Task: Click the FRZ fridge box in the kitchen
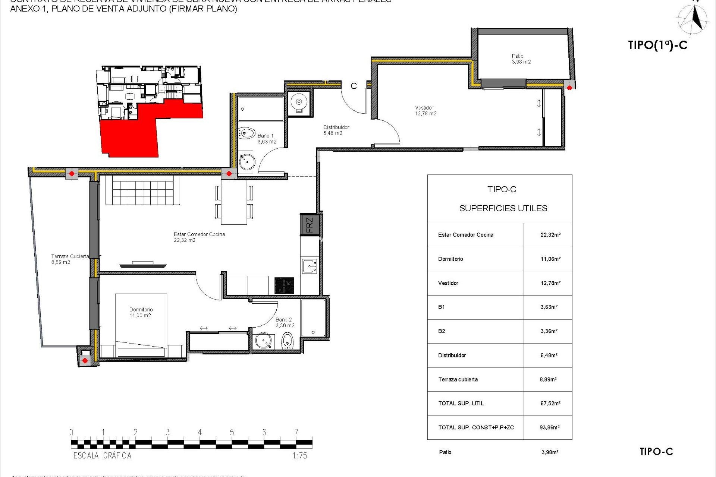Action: tap(310, 225)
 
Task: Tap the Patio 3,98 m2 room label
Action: tap(521, 59)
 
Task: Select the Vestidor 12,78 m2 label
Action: tap(425, 111)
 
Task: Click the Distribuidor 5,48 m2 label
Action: tap(336, 130)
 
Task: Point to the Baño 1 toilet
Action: tap(246, 133)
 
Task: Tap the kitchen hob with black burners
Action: tap(284, 286)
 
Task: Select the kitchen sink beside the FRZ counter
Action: tap(310, 266)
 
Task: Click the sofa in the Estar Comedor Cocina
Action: tap(142, 190)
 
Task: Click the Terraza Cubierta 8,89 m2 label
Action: tap(70, 259)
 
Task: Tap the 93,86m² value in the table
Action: tap(549, 427)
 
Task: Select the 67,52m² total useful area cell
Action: tap(550, 403)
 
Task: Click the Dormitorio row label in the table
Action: tap(450, 259)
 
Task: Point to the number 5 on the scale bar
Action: tap(232, 432)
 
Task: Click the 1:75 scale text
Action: tap(299, 455)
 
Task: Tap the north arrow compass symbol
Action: tap(693, 20)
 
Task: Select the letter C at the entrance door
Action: tap(354, 86)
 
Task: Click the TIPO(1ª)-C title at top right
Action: tap(657, 45)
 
